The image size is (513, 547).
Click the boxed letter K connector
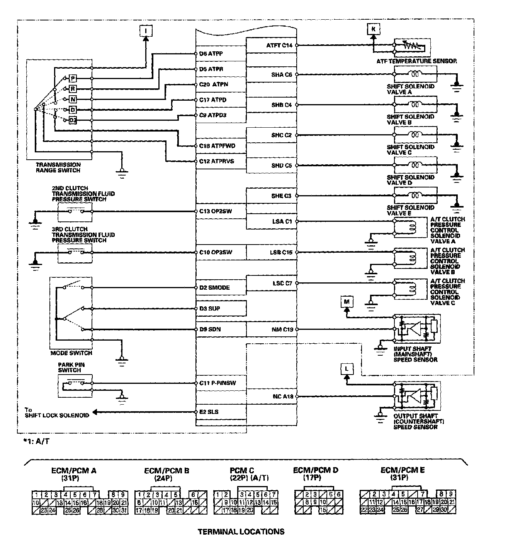[373, 29]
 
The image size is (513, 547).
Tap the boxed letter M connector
[347, 301]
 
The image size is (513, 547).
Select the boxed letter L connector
[347, 369]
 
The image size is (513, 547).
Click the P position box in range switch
[73, 79]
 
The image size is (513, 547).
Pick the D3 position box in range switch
[73, 121]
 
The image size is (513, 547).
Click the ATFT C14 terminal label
[279, 45]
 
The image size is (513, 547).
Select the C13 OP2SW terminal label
[216, 211]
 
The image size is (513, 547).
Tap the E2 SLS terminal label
[209, 412]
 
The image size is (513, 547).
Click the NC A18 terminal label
[283, 396]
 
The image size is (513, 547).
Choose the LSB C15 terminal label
[281, 252]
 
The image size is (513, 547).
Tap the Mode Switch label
[71, 353]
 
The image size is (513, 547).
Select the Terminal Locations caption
[241, 532]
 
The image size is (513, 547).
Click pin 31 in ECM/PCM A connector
[124, 510]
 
